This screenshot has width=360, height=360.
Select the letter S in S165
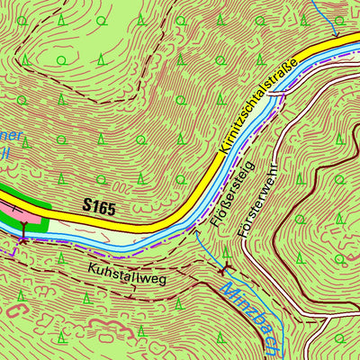pos(86,208)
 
